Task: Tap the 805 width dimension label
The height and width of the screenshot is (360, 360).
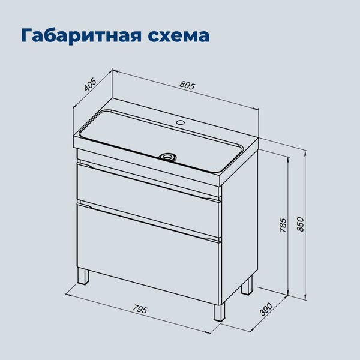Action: pyautogui.click(x=187, y=85)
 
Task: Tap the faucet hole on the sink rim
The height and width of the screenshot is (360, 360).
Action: pyautogui.click(x=179, y=124)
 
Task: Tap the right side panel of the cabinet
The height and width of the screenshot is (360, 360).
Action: pyautogui.click(x=240, y=228)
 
